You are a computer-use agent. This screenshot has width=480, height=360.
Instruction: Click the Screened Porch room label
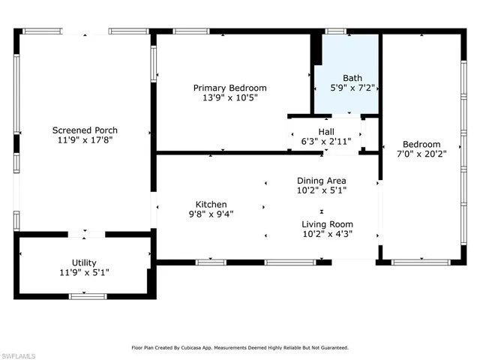(83, 128)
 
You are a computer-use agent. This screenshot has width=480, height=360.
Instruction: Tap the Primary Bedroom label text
(229, 88)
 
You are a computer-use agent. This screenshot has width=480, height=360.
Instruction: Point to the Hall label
(326, 132)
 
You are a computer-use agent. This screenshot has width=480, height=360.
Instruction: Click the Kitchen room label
(211, 204)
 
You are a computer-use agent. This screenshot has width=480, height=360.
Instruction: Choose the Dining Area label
(321, 181)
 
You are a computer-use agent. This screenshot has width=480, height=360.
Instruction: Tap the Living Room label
(327, 224)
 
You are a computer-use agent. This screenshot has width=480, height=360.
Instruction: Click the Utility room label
(83, 262)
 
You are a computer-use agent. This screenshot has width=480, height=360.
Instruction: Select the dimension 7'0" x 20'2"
(421, 155)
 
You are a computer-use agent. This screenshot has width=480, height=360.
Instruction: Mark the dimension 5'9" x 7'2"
(352, 88)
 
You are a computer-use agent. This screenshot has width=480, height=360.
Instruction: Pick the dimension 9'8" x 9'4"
(211, 214)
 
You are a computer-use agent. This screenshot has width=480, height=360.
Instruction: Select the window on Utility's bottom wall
(87, 297)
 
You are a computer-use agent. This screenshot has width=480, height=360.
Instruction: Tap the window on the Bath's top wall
(335, 31)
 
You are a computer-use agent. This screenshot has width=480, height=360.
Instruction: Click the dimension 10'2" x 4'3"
(327, 234)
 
